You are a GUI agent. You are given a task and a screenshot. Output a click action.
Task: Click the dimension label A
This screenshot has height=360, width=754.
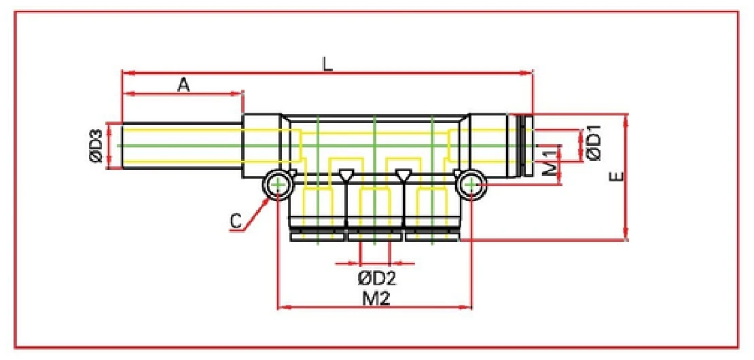tap(183, 84)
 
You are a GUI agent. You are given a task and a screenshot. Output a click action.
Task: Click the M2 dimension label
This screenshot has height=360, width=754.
tap(374, 298)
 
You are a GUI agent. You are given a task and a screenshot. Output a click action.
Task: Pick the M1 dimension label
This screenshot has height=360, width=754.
tap(551, 165)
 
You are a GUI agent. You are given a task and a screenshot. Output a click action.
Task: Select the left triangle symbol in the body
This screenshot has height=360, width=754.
tap(346, 175)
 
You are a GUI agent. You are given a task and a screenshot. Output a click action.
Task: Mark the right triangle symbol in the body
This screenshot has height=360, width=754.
tap(403, 175)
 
